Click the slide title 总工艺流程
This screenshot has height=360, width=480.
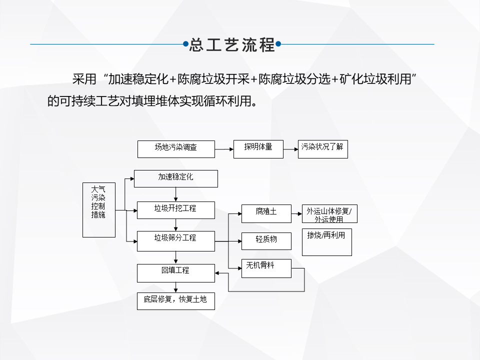[x=232, y=45]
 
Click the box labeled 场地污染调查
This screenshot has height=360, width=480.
[x=176, y=149]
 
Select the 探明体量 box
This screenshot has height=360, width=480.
[x=258, y=149]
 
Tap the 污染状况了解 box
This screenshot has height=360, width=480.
[x=322, y=149]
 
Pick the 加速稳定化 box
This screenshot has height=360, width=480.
[x=176, y=178]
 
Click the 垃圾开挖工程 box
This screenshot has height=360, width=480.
[x=176, y=210]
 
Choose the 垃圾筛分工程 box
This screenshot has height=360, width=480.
[x=176, y=240]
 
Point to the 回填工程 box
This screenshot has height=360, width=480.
[x=176, y=272]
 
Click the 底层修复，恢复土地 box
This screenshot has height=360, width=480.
[x=176, y=301]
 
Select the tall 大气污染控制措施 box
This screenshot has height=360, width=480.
[x=98, y=209]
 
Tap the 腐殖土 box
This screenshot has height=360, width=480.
[x=266, y=213]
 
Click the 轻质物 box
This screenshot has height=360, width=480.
[x=266, y=241]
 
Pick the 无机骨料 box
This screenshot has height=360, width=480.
[x=266, y=268]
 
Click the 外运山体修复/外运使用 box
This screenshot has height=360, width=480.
[x=329, y=214]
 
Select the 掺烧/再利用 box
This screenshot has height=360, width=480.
[x=327, y=242]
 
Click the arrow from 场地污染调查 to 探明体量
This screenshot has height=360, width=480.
[x=224, y=149]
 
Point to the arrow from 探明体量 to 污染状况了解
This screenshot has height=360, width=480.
[x=290, y=149]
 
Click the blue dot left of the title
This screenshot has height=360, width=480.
[x=185, y=44]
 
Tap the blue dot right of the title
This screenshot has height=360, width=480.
[x=278, y=44]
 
